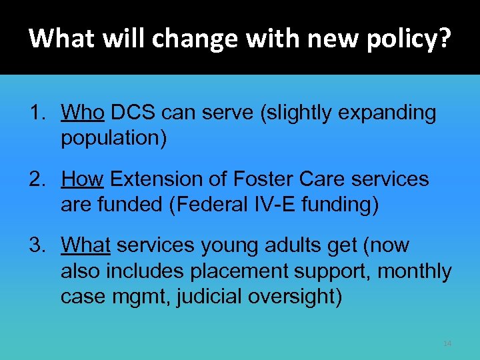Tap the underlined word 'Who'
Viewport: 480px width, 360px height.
[83, 113]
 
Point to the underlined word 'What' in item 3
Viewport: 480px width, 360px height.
[86, 245]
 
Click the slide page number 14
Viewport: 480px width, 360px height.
[447, 343]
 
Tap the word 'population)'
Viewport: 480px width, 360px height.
[114, 139]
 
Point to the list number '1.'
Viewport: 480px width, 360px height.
[39, 113]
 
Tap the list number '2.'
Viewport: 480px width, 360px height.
[39, 179]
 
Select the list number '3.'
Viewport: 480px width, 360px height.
[39, 245]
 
